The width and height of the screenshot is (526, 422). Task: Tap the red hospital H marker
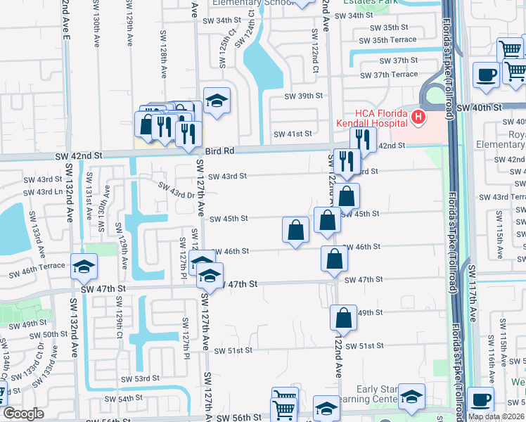[x=419, y=116]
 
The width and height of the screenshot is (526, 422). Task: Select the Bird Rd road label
[x=219, y=151]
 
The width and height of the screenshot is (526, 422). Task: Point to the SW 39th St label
[x=303, y=96]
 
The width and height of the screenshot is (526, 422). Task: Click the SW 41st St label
[x=293, y=134]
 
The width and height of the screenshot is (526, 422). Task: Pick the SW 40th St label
[x=479, y=107]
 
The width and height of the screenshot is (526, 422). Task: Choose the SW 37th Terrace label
[x=395, y=75]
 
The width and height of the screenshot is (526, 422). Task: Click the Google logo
[x=23, y=414]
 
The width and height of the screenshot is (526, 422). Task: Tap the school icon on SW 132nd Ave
[x=83, y=266]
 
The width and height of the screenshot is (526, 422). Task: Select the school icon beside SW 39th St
[x=217, y=100]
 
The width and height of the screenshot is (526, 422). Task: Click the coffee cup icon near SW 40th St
[x=485, y=75]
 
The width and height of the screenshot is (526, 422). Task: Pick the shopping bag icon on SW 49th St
[x=343, y=318]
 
